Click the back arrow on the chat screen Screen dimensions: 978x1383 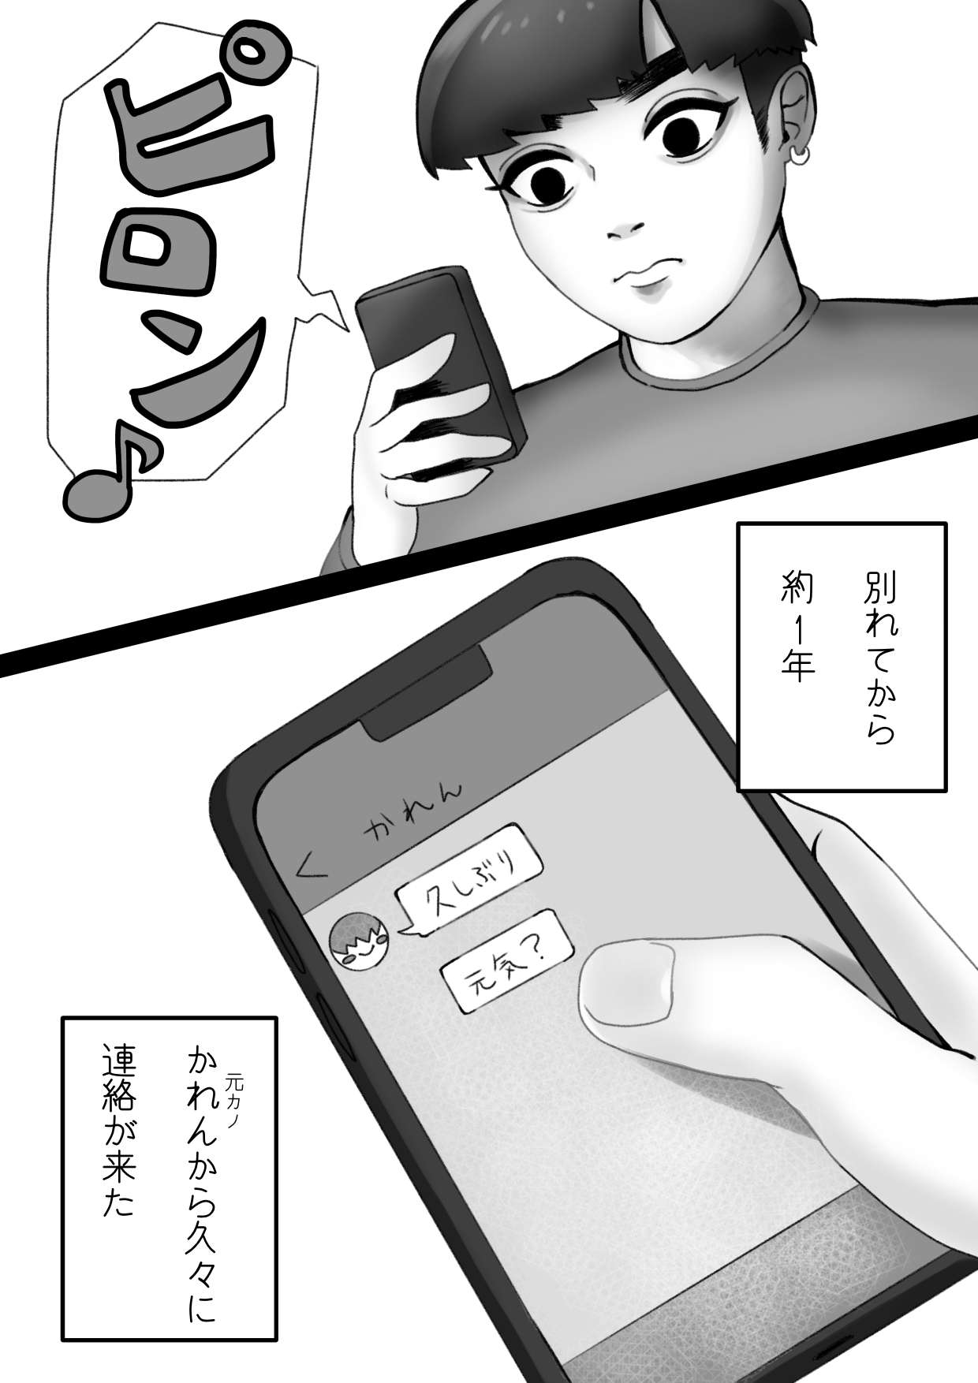click(x=310, y=867)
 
